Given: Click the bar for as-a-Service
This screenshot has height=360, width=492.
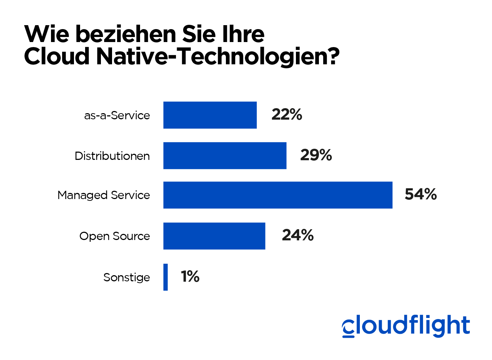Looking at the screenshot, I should tap(210, 115).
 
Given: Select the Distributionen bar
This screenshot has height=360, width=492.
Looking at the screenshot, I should tap(225, 156).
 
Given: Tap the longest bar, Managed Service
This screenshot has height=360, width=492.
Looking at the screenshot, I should tap(278, 195).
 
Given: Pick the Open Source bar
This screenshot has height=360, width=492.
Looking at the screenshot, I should tap(214, 236).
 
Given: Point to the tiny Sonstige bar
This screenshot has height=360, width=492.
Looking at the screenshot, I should tap(166, 277).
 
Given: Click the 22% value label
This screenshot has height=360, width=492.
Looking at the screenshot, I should tap(287, 115).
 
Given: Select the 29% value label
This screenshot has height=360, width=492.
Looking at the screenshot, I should tap(316, 155).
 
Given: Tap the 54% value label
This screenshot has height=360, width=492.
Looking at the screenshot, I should tap(421, 194).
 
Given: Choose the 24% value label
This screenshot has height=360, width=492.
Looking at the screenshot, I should tap(298, 235).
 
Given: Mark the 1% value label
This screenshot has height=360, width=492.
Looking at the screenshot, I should tap(190, 277).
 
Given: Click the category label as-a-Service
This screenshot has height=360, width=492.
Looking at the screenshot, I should tap(117, 116).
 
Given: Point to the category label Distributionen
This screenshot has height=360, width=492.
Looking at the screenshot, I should tap(112, 156).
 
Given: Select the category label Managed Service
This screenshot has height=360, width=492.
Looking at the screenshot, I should tap(104, 195).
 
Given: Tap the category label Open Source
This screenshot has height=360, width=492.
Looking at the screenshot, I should tap(115, 236).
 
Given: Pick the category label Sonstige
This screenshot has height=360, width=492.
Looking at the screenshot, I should tap(126, 277).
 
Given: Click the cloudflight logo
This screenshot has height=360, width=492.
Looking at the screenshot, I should tap(406, 326).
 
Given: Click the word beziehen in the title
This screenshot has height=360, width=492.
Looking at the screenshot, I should tap(126, 34).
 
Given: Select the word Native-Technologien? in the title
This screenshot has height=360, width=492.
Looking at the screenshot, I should tap(218, 57).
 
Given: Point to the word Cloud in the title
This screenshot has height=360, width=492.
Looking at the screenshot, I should tap(57, 56).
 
